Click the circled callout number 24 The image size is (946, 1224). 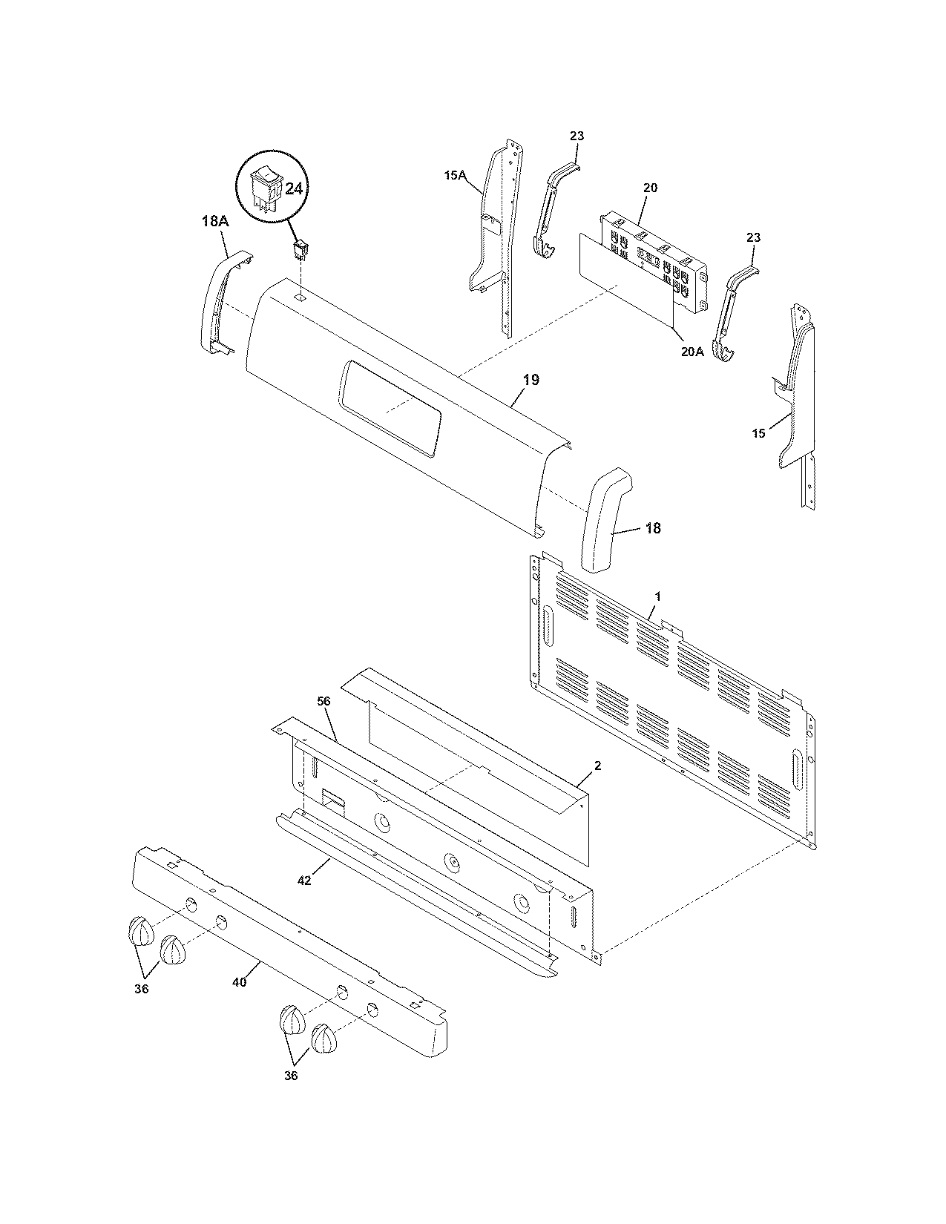click(294, 189)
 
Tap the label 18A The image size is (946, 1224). click(214, 221)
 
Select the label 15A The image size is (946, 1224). click(455, 175)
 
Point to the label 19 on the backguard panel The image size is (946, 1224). click(531, 380)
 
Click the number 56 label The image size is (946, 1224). click(324, 700)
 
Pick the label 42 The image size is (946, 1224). click(303, 880)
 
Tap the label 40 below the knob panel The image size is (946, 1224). click(239, 981)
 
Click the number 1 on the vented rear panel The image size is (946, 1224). click(657, 596)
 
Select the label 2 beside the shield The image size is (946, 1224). click(598, 766)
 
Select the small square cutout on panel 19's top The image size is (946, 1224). click(300, 295)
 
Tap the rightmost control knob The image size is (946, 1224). click(324, 1039)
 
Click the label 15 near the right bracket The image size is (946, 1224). click(758, 433)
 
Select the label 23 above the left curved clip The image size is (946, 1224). click(577, 136)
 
